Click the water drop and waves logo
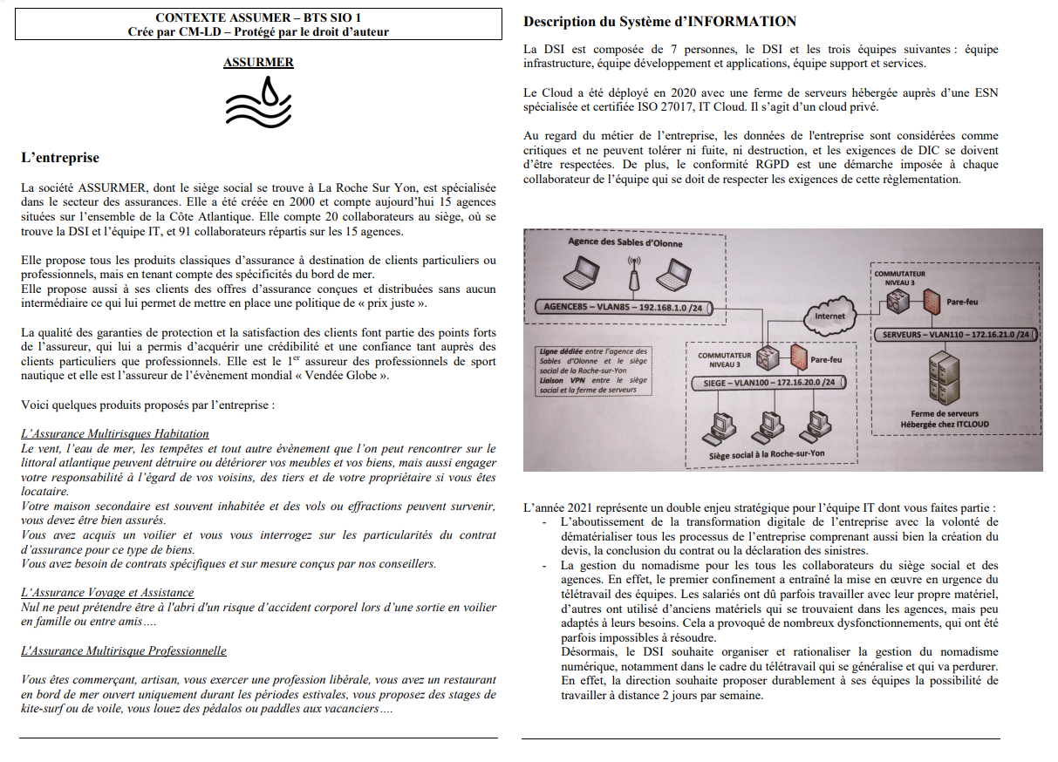258,102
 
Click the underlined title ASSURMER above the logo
258,63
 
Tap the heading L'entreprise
60,158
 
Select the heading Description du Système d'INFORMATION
659,21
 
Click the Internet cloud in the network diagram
829,316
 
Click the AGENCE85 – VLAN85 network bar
625,307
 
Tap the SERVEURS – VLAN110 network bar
957,334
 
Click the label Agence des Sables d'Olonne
625,243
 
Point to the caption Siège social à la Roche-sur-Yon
767,454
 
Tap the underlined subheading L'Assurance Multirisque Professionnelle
123,651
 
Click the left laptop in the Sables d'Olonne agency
578,276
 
